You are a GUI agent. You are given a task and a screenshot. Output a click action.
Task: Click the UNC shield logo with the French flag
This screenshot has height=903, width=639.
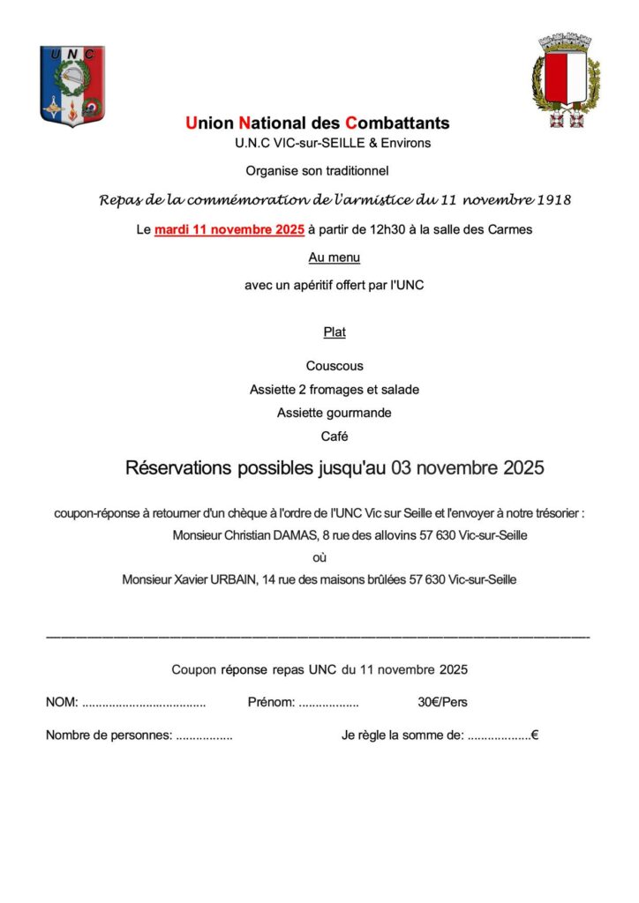72,86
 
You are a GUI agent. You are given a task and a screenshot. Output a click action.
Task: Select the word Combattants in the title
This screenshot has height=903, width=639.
397,123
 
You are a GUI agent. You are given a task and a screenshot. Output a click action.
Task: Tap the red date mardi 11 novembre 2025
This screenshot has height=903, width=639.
229,230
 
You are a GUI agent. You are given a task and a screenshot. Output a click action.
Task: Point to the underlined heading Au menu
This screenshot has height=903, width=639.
334,257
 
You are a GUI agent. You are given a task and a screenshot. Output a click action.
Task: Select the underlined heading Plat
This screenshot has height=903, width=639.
334,332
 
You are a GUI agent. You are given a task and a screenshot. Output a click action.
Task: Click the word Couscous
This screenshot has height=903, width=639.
335,366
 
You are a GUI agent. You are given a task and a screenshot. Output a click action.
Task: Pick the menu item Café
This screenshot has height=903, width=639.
335,436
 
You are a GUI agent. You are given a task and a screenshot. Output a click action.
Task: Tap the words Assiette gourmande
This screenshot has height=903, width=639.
334,413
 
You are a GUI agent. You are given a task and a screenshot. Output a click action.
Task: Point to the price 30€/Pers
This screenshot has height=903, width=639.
442,703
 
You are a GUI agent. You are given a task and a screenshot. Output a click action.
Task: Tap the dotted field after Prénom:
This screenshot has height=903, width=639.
328,704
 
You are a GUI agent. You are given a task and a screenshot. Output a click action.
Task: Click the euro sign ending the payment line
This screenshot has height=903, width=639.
535,735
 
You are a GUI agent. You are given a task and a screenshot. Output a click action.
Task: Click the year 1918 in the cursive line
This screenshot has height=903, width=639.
554,200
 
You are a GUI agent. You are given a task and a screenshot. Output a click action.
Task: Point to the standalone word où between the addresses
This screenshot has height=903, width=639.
319,557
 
